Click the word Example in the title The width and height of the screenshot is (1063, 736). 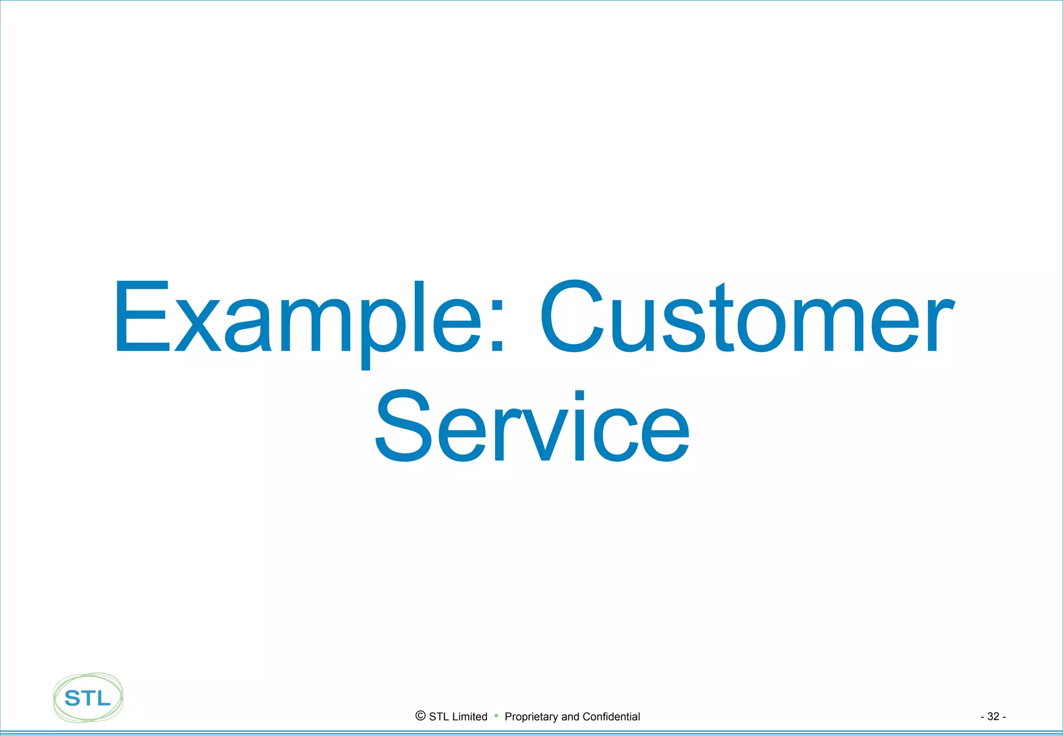coord(298,318)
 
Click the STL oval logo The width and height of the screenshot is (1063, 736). coord(88,698)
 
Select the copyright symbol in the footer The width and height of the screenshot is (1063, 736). coord(420,716)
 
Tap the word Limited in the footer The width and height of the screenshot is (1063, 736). coord(469,717)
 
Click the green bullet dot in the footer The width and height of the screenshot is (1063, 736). coord(496,716)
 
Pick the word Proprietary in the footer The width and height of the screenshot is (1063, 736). coord(531,717)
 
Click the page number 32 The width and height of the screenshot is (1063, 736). coord(993,717)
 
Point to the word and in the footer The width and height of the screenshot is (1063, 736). coord(570,717)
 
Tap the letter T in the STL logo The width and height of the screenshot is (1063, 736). coord(88,699)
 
